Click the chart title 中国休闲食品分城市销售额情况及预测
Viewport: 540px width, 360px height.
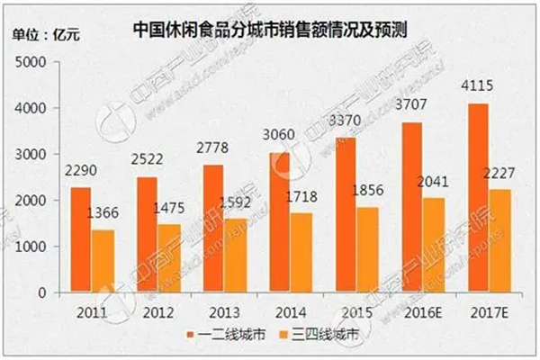point(270,26)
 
